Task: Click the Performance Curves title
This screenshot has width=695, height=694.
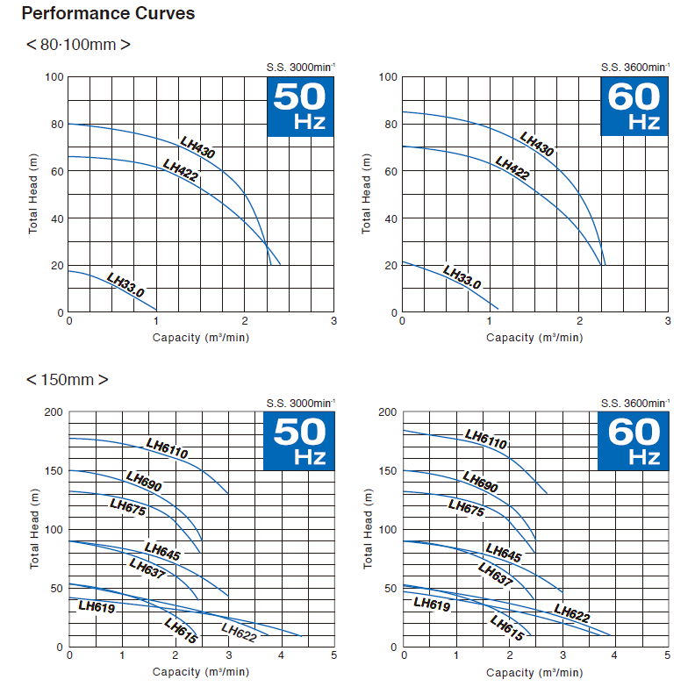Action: click(108, 14)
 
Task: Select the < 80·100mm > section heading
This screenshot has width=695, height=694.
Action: click(78, 45)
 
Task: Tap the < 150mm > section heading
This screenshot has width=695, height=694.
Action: click(68, 380)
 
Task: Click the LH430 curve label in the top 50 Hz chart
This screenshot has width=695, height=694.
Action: click(197, 147)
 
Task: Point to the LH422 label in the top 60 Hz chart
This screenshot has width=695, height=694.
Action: click(512, 168)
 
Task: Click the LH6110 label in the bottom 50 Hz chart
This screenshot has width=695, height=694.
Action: click(167, 447)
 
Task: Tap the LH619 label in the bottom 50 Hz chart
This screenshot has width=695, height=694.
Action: click(97, 605)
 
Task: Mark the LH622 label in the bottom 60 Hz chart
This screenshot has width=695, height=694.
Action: click(571, 614)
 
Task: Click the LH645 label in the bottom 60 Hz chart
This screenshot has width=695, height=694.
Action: click(503, 553)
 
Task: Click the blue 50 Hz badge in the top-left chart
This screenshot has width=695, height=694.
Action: click(300, 107)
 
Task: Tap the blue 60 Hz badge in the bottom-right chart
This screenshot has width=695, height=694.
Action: click(633, 441)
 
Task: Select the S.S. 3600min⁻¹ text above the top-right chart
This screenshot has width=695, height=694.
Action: click(634, 68)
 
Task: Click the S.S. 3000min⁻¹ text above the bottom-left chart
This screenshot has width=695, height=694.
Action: click(300, 403)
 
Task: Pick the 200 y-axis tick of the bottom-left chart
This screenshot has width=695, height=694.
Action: click(54, 411)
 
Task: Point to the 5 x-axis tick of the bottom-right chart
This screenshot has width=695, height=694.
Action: click(668, 655)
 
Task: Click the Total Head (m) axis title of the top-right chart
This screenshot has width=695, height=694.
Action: click(367, 194)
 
